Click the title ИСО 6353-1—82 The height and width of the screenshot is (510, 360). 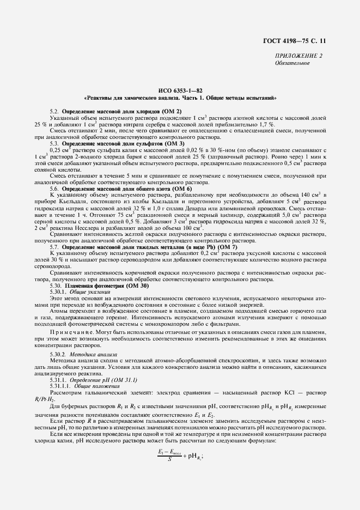[180, 90]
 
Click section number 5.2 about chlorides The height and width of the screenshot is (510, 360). [54, 111]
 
